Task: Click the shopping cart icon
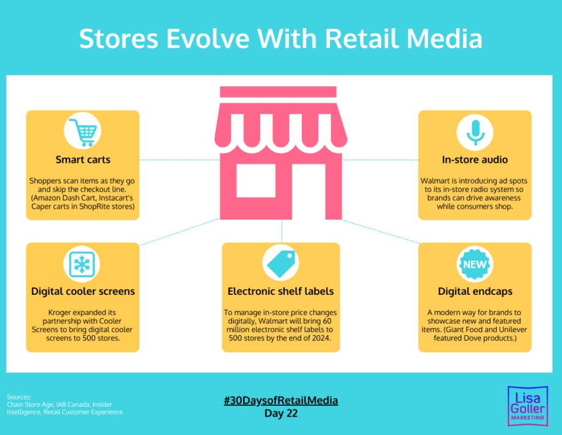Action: [83, 132]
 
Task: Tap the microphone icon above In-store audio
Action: [475, 132]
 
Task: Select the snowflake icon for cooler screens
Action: [82, 264]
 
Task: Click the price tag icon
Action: [281, 264]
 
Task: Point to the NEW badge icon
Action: [475, 264]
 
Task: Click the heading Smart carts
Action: [83, 160]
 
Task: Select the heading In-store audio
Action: [475, 160]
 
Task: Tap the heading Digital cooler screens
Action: [83, 291]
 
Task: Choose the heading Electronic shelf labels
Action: [280, 291]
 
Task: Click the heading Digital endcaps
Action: [475, 291]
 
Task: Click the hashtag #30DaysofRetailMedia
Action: [281, 401]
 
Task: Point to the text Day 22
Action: [281, 414]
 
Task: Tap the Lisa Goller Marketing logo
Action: [528, 406]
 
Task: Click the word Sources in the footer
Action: [19, 397]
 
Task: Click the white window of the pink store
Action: [256, 181]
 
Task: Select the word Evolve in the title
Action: [208, 39]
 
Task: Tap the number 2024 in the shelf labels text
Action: [321, 338]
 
